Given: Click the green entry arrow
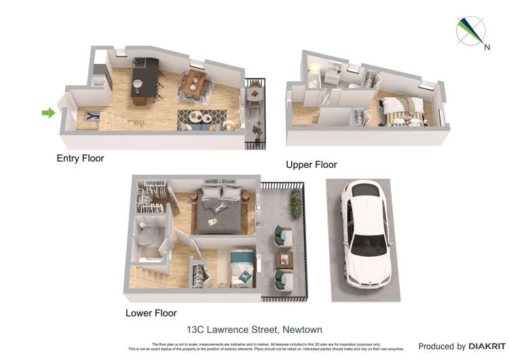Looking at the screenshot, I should tap(48, 113).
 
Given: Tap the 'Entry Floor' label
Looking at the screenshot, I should tap(80, 158).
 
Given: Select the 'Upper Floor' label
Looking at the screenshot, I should tap(311, 165).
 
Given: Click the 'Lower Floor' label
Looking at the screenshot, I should tap(151, 313).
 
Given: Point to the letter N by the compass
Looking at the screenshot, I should tap(487, 47).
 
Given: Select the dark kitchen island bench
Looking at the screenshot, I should tap(144, 80).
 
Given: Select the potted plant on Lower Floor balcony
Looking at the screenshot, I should tap(295, 202).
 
